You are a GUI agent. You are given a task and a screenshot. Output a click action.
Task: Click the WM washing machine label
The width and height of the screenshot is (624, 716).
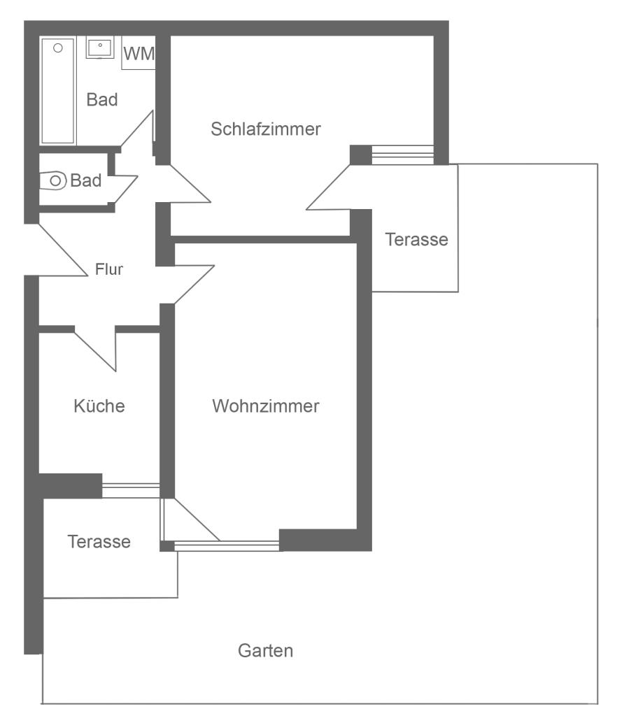(x=139, y=53)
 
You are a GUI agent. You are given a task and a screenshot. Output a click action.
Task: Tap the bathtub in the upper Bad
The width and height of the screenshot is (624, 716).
(x=58, y=91)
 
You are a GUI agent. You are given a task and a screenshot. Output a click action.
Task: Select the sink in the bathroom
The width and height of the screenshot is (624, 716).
(x=100, y=49)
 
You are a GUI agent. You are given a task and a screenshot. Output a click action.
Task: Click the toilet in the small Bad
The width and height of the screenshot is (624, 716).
(x=53, y=181)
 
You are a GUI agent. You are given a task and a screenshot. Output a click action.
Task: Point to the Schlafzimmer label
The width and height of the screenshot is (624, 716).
(x=265, y=129)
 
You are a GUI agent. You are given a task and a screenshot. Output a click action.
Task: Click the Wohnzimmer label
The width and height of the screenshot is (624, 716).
(x=265, y=406)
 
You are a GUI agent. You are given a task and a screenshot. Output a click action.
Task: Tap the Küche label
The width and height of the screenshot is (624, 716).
(x=99, y=406)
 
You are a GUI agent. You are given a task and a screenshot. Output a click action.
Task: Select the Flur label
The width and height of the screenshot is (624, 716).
(x=108, y=269)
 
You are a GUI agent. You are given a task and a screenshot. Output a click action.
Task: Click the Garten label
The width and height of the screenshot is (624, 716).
(x=265, y=651)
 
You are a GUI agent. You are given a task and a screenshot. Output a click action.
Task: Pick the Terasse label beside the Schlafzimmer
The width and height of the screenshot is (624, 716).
(x=417, y=240)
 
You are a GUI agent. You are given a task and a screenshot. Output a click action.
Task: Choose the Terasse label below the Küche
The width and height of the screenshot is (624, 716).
(x=99, y=542)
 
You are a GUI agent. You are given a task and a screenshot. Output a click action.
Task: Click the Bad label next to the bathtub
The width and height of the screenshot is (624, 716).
(x=102, y=99)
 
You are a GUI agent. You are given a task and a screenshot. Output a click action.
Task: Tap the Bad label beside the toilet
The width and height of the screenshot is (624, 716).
(x=86, y=180)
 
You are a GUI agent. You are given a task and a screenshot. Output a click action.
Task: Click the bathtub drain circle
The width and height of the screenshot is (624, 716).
(x=58, y=48)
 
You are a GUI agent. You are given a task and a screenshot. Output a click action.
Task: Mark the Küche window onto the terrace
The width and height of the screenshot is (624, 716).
(x=131, y=490)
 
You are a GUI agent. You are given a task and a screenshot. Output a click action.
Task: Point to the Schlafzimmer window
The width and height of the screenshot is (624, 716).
(x=402, y=155)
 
